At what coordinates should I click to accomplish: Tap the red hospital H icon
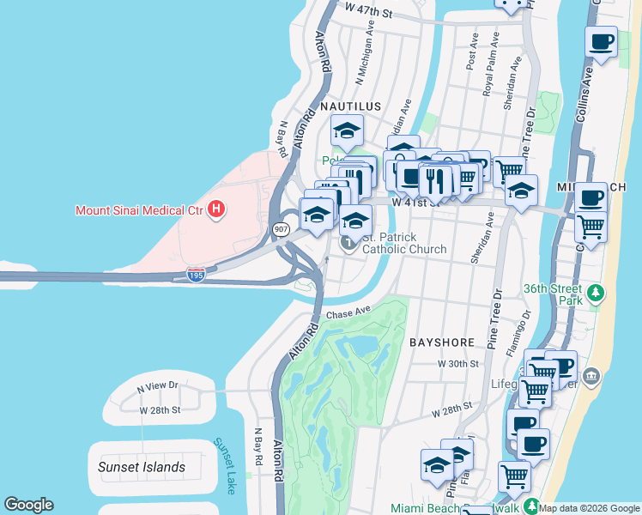click(216, 209)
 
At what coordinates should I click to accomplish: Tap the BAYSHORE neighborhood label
click(441, 342)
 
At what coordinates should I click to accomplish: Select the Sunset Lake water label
click(225, 465)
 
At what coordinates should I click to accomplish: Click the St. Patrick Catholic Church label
click(404, 243)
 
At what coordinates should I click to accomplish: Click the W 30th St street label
click(457, 364)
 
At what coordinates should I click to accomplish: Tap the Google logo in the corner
click(28, 505)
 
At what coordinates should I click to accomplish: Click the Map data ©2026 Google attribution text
click(590, 508)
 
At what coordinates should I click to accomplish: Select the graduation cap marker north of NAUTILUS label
click(347, 130)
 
